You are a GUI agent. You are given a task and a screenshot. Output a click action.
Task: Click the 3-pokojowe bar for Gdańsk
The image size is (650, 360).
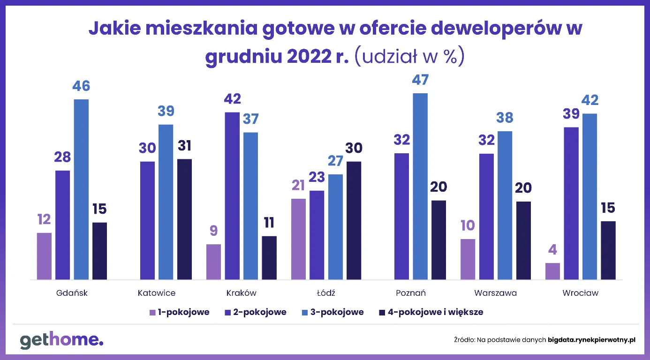pyautogui.click(x=81, y=189)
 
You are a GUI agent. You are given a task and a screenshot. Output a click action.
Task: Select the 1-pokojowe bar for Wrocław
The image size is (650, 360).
pyautogui.click(x=552, y=271)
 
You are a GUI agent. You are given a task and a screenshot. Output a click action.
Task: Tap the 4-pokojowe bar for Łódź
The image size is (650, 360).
pyautogui.click(x=354, y=220)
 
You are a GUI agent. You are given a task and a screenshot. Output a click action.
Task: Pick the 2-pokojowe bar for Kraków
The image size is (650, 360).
pyautogui.click(x=232, y=196)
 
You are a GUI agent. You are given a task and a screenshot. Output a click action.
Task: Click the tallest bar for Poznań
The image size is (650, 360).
pyautogui.click(x=420, y=187)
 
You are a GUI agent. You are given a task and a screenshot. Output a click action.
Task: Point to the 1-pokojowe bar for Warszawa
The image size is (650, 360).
pyautogui.click(x=468, y=259)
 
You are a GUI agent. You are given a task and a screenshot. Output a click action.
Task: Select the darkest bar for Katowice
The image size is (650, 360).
pyautogui.click(x=184, y=219)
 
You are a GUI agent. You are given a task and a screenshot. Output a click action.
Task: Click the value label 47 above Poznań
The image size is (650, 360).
pyautogui.click(x=420, y=80)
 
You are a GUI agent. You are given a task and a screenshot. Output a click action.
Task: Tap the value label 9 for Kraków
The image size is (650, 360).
pyautogui.click(x=213, y=232)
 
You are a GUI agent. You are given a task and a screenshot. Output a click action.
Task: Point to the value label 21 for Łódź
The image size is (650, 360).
pyautogui.click(x=298, y=186)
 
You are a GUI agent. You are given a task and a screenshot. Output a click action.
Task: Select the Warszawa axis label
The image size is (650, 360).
pyautogui.click(x=495, y=293)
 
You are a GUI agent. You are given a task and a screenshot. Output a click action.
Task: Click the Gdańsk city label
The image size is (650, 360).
pyautogui.click(x=72, y=293)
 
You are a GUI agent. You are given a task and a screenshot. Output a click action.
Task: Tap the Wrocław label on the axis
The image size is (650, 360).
pyautogui.click(x=580, y=293)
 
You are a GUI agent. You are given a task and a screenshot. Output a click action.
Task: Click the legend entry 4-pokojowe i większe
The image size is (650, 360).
pyautogui.click(x=430, y=312)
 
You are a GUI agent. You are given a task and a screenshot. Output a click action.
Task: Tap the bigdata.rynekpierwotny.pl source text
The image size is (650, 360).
pyautogui.click(x=591, y=340)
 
